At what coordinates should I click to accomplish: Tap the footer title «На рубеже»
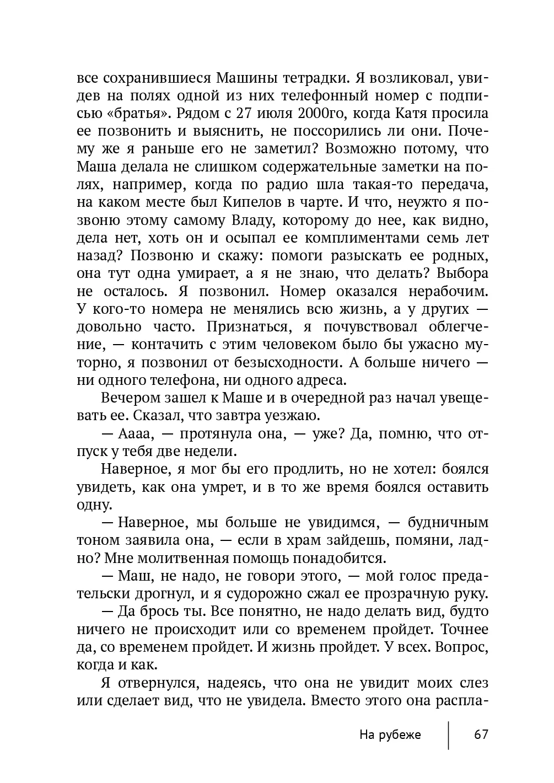click(x=390, y=735)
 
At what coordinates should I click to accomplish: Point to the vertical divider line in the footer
click(x=449, y=735)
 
